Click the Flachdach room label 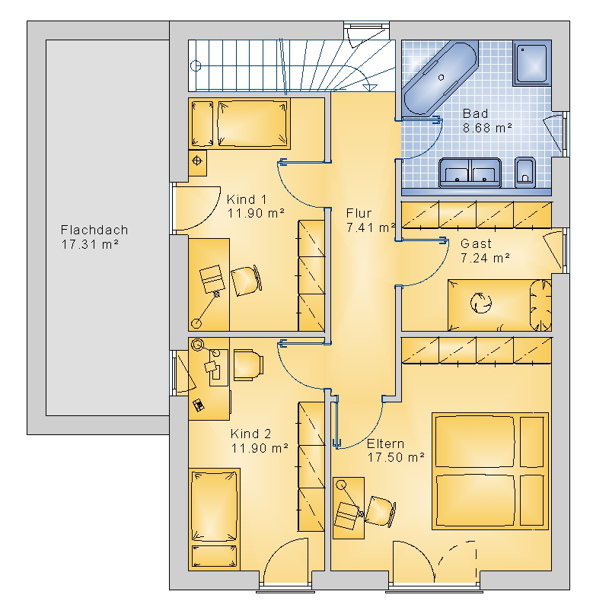tap(94, 230)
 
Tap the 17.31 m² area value tap(90, 244)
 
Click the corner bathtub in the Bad tap(440, 78)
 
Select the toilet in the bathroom tap(525, 173)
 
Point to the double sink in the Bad tap(470, 173)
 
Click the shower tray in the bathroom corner tap(531, 63)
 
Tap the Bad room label tap(475, 114)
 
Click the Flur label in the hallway tap(359, 213)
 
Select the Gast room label tap(476, 243)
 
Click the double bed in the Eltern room tap(490, 471)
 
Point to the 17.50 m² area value tap(396, 458)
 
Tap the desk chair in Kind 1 tap(246, 281)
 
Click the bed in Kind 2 tap(214, 520)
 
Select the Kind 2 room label tap(250, 434)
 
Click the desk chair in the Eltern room tap(380, 512)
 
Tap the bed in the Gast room tap(499, 305)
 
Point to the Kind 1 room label tap(247, 199)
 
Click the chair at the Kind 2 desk tap(249, 365)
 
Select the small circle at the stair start tap(196, 65)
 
